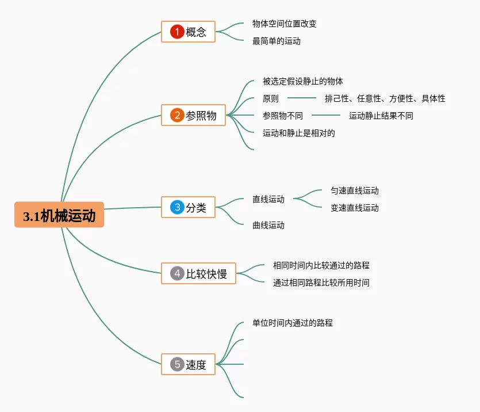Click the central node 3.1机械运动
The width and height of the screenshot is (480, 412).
tap(59, 215)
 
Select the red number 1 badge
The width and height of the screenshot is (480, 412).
tap(177, 32)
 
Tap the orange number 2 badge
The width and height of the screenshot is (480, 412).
tap(177, 115)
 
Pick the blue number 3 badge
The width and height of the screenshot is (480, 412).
tap(177, 207)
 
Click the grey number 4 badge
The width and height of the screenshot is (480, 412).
tap(177, 273)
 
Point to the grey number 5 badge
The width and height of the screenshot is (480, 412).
tap(177, 364)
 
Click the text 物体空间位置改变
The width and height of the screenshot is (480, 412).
tap(285, 24)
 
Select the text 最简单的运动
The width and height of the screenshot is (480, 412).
tap(277, 41)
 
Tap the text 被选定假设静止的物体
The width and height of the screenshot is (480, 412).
tap(303, 81)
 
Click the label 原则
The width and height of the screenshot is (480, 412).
tap(271, 98)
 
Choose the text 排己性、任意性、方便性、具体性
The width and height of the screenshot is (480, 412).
tap(385, 98)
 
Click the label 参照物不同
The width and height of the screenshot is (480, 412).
tap(283, 116)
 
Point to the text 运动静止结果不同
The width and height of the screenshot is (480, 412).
tap(381, 116)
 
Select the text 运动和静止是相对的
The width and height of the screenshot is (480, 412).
tap(299, 133)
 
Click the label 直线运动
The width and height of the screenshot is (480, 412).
tap(268, 199)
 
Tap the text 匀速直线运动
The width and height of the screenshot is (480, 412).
tap(355, 190)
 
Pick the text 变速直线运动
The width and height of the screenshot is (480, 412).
tap(355, 208)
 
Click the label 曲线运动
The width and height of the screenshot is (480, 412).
tap(268, 225)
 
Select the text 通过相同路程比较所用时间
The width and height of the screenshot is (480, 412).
tap(321, 283)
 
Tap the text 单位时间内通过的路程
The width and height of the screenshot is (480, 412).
tap(293, 323)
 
